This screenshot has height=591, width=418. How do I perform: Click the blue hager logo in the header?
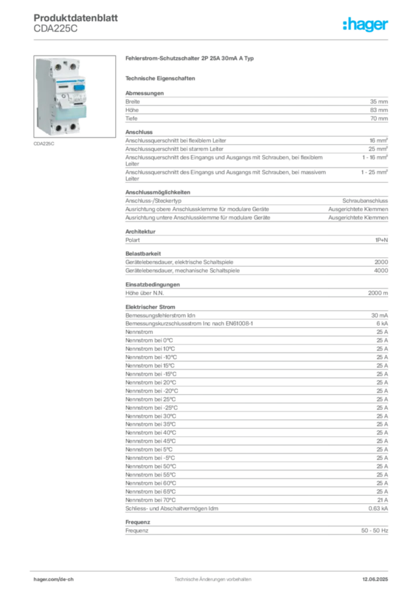pyautogui.click(x=366, y=25)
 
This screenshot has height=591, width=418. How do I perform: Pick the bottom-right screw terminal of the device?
pyautogui.click(x=73, y=128)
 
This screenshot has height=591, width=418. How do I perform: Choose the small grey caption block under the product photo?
pyautogui.click(x=43, y=144)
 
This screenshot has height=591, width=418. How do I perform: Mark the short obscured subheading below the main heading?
pyautogui.click(x=162, y=77)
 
